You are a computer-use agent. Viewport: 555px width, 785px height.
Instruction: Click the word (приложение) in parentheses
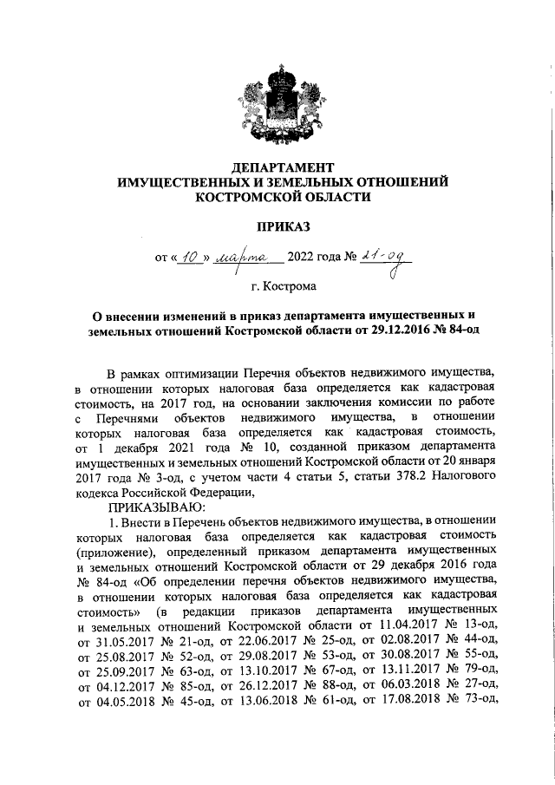coord(115,552)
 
